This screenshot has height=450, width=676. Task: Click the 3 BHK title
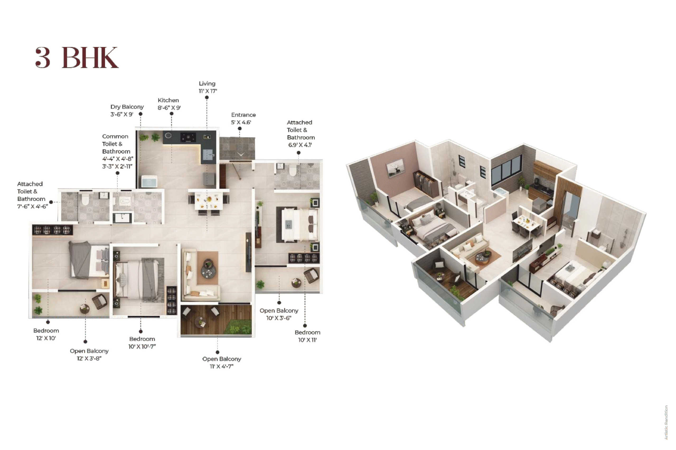[x=77, y=58]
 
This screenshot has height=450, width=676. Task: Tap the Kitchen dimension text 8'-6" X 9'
[x=169, y=108]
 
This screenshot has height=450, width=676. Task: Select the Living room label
[x=207, y=84]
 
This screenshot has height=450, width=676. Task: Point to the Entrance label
[x=243, y=115]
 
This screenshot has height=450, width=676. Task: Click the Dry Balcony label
[x=127, y=107]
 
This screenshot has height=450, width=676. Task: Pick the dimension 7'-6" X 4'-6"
[x=32, y=206]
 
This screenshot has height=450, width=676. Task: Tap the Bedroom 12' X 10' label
[x=46, y=334]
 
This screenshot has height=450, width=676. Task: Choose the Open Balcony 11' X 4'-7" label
[x=222, y=362]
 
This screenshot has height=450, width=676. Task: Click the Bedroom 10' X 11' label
[x=307, y=336]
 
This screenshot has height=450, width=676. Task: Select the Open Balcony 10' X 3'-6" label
[x=279, y=314]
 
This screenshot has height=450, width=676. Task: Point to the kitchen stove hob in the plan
[x=188, y=137]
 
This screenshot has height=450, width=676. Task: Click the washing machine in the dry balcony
[x=149, y=182]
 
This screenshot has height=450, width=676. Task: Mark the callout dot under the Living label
[x=207, y=98]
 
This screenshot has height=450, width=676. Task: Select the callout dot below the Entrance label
[x=240, y=129]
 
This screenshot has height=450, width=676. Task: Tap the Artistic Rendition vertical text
[x=666, y=422]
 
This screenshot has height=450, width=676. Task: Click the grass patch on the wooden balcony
[x=239, y=327]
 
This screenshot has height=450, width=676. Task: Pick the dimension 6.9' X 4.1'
[x=300, y=145]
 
